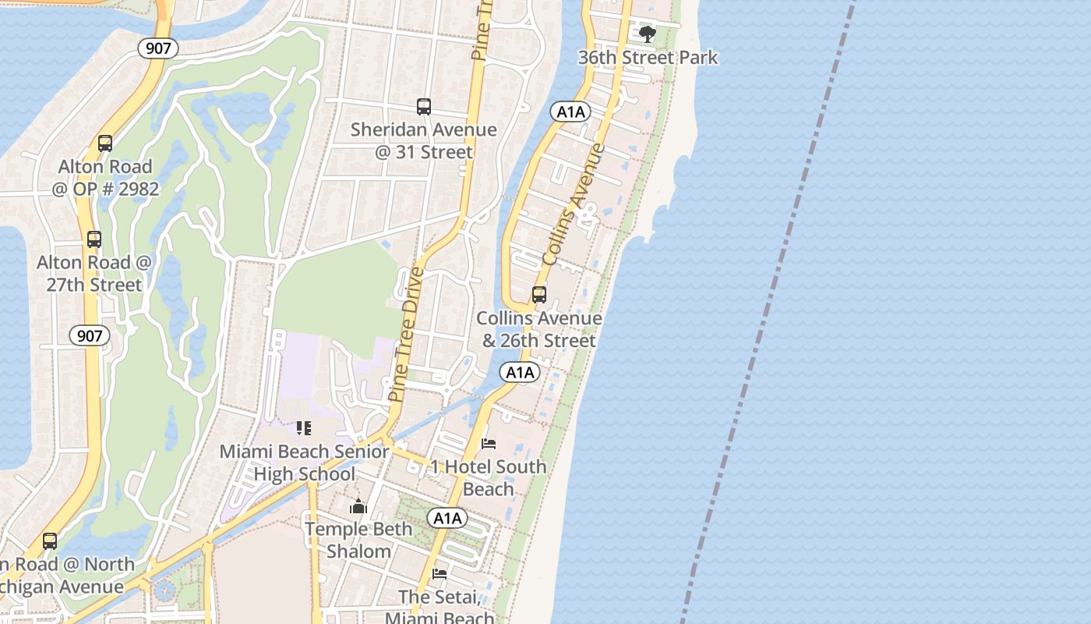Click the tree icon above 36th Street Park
pyautogui.click(x=647, y=34)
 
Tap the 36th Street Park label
pyautogui.click(x=648, y=58)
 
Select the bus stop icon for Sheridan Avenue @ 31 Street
pyautogui.click(x=424, y=107)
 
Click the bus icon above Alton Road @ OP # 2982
pyautogui.click(x=105, y=144)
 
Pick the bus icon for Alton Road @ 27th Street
pyautogui.click(x=94, y=239)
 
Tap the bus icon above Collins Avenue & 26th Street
pyautogui.click(x=538, y=295)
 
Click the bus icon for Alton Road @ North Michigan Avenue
pyautogui.click(x=50, y=541)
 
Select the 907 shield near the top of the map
pyautogui.click(x=158, y=48)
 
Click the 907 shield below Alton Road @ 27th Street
pyautogui.click(x=90, y=336)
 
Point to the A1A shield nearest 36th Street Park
pyautogui.click(x=570, y=112)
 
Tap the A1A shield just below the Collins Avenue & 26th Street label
pyautogui.click(x=521, y=373)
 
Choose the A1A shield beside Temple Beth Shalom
pyautogui.click(x=447, y=518)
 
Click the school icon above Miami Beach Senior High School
pyautogui.click(x=304, y=428)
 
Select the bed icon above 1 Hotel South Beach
pyautogui.click(x=489, y=444)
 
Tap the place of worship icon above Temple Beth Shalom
pyautogui.click(x=358, y=507)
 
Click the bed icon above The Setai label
pyautogui.click(x=440, y=574)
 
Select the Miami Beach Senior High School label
pyautogui.click(x=304, y=463)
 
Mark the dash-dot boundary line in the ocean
pyautogui.click(x=768, y=312)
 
